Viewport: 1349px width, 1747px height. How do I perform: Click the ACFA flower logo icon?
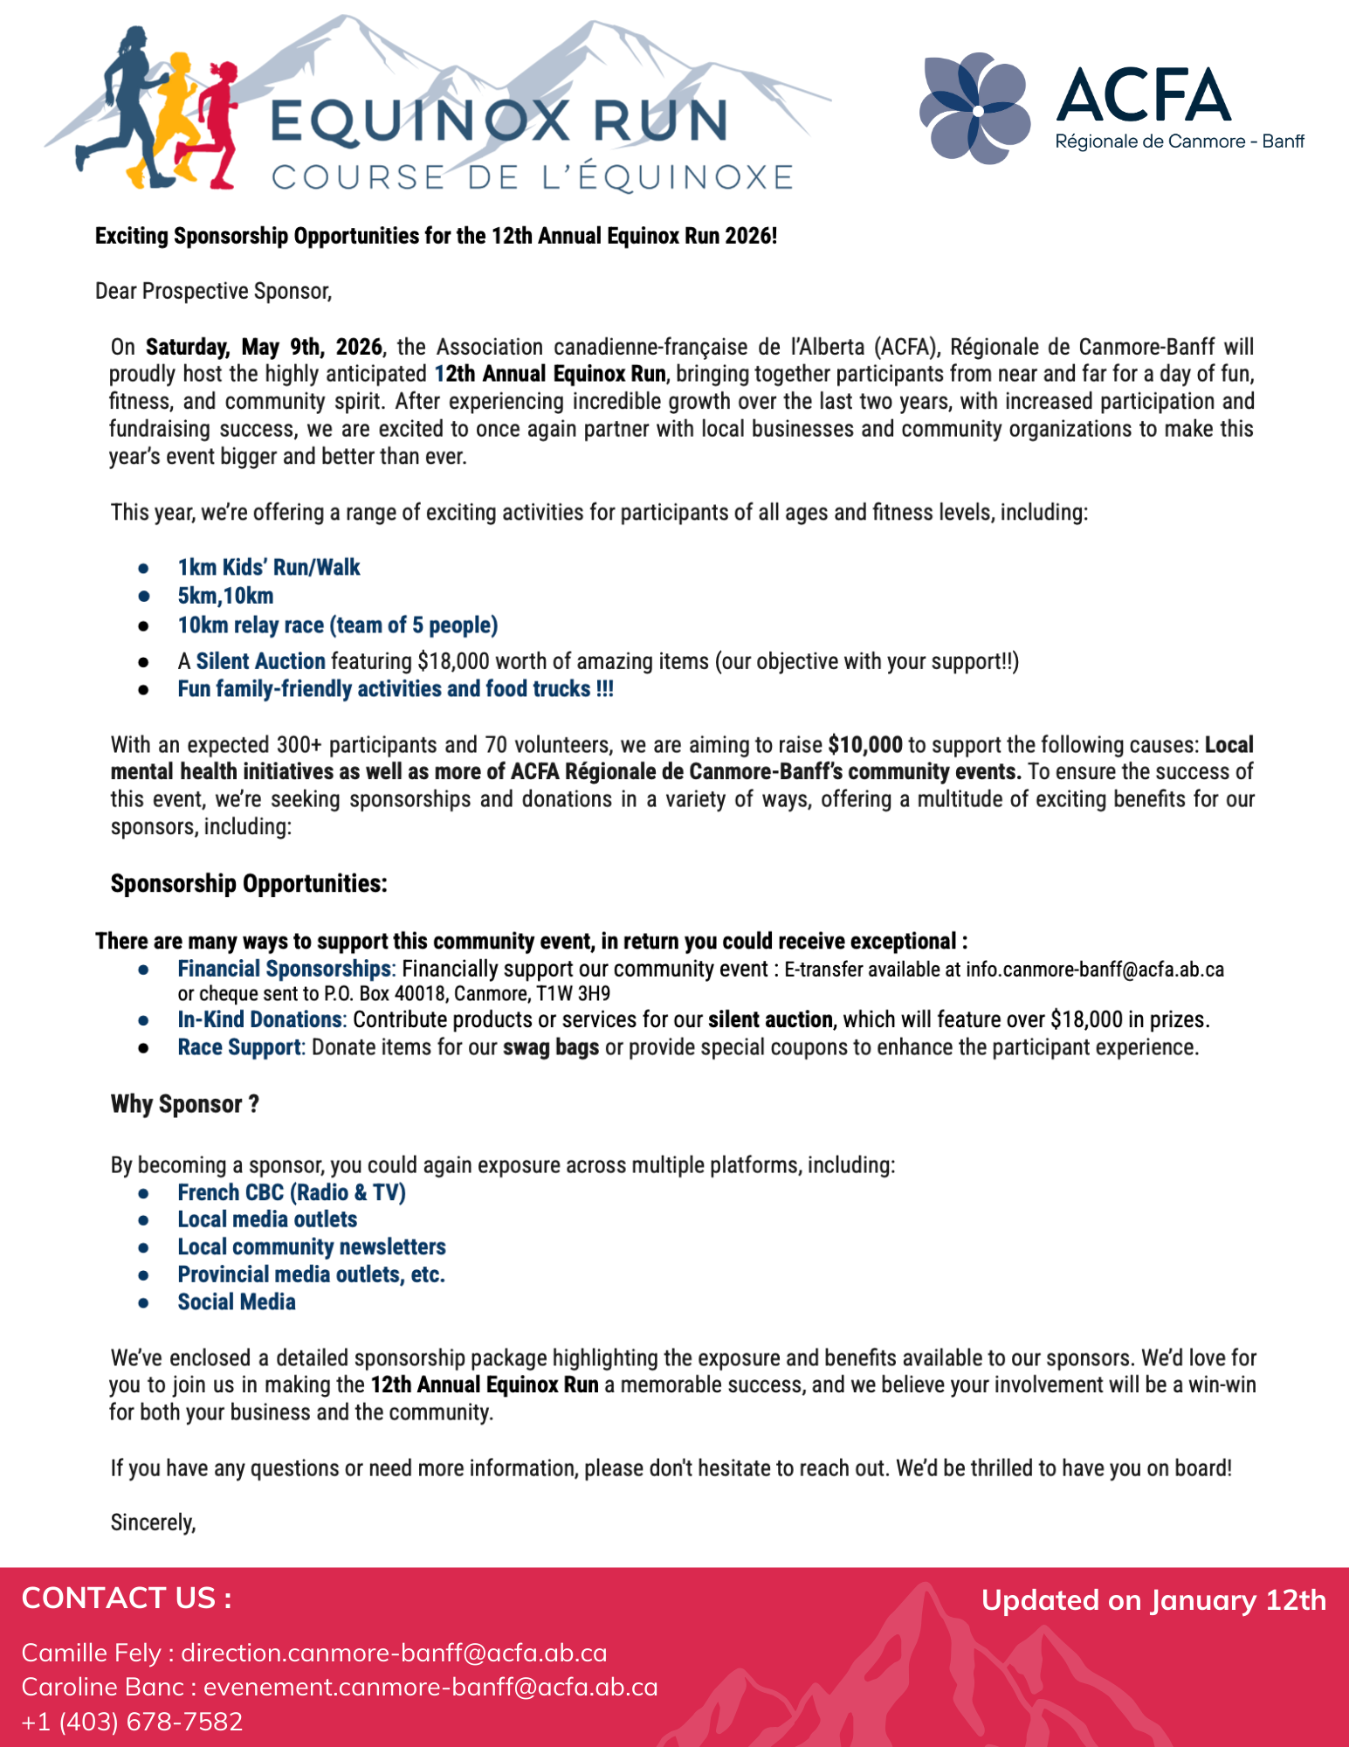tap(974, 109)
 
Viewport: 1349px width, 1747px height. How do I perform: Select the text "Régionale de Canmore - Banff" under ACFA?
tap(1180, 142)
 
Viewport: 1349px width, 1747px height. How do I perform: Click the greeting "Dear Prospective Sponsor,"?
tap(213, 291)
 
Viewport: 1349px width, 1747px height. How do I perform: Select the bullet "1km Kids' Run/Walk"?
tap(269, 568)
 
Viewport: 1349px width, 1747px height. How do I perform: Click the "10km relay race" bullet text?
tap(337, 625)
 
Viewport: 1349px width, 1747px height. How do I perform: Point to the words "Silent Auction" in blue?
tap(260, 661)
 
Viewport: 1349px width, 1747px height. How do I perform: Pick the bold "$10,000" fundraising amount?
tap(864, 745)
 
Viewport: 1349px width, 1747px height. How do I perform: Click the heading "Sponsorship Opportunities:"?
tap(249, 884)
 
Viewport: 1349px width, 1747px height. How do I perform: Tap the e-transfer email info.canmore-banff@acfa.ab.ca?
tap(1094, 970)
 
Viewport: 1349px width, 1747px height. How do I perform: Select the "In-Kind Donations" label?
tap(259, 1019)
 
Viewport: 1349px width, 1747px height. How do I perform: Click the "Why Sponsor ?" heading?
tap(184, 1104)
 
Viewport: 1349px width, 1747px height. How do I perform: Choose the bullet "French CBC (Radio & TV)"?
tap(292, 1192)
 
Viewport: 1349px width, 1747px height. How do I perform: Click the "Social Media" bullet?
tap(237, 1302)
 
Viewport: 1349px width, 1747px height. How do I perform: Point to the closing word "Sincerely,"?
tap(153, 1523)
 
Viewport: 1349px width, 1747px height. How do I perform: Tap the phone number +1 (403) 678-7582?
tap(132, 1722)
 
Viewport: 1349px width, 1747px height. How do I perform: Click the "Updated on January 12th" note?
tap(1153, 1600)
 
